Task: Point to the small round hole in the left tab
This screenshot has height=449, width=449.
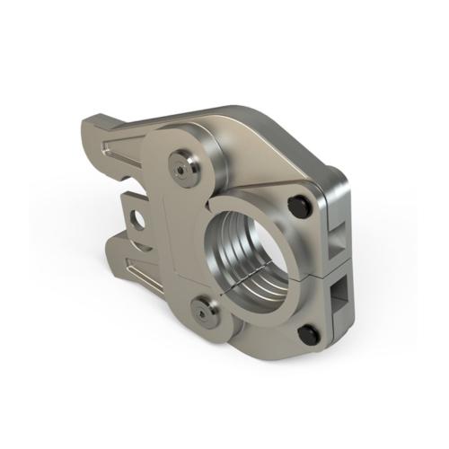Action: tap(138, 218)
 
